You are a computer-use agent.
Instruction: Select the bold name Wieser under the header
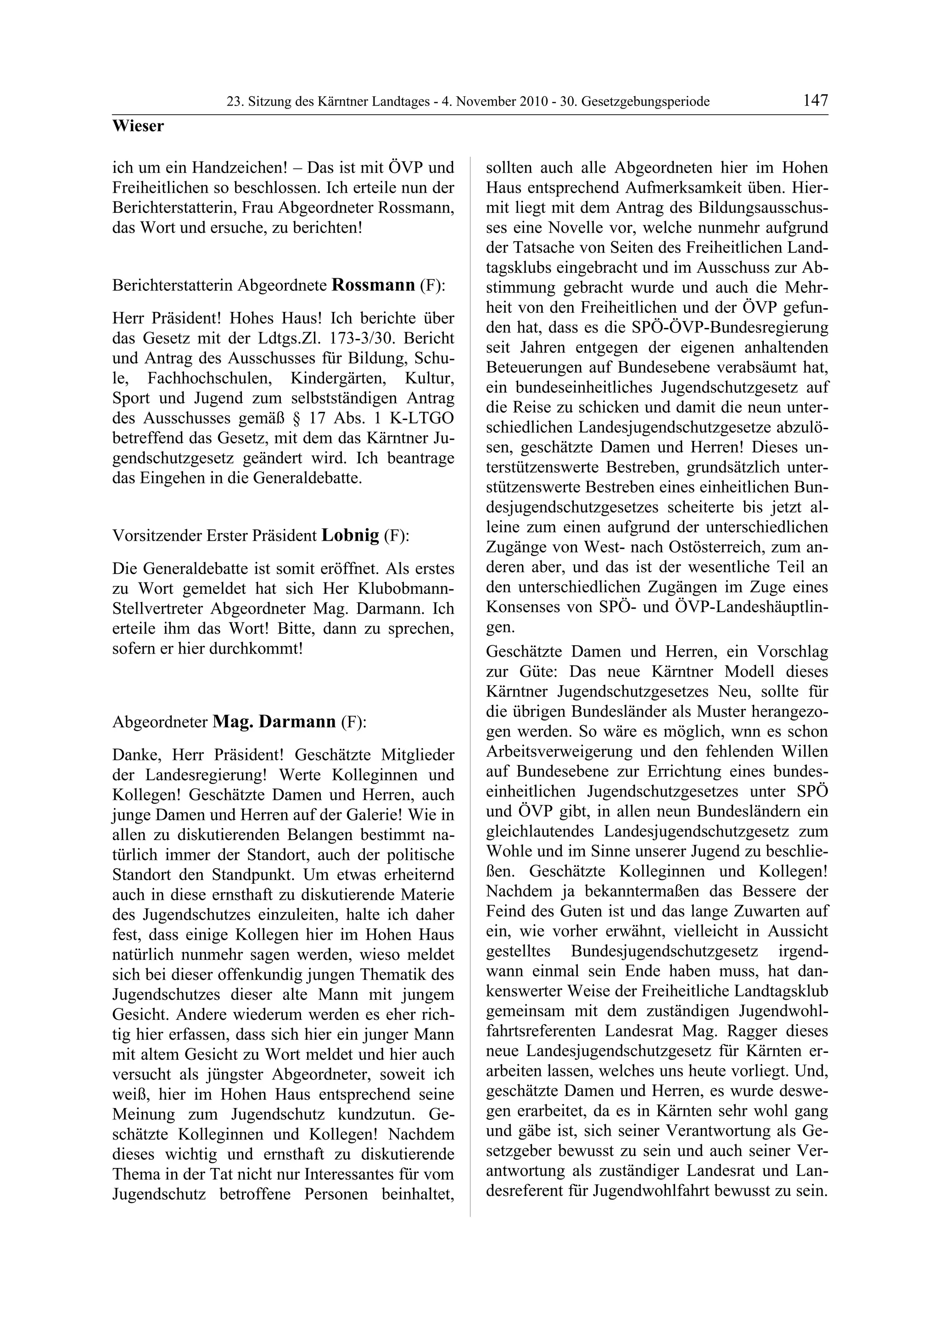click(x=138, y=126)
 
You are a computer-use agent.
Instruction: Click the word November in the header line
click(x=485, y=102)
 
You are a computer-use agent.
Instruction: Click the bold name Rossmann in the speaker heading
click(x=374, y=285)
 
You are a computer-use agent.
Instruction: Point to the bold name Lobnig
click(x=350, y=535)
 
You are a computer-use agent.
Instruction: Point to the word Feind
click(x=508, y=911)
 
